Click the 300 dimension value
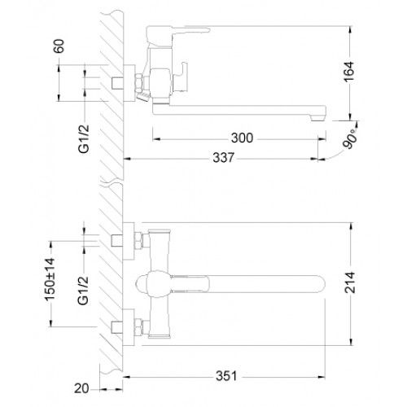242,138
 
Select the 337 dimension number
223,158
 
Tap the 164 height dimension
349,72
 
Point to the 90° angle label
350,138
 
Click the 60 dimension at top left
59,46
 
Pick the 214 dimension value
350,282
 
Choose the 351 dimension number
226,376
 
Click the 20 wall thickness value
81,388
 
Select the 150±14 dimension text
50,280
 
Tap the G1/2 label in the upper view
84,139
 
